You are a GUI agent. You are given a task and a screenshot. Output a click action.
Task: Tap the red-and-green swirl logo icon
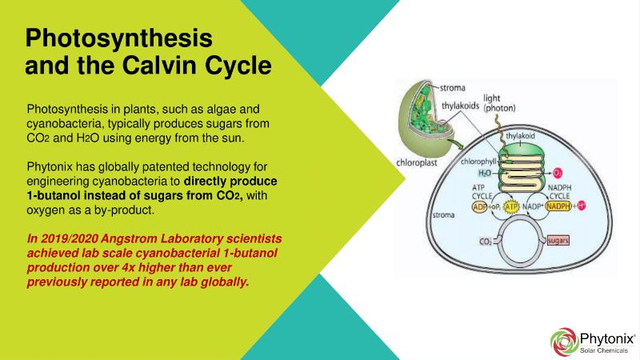(x=564, y=342)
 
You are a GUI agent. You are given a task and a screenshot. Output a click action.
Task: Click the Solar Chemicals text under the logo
(x=604, y=350)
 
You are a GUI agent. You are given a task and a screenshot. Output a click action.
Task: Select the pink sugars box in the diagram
(x=558, y=241)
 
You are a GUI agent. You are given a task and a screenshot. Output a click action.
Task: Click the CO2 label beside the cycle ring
(x=486, y=242)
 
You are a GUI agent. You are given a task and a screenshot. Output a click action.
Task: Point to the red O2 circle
(x=558, y=173)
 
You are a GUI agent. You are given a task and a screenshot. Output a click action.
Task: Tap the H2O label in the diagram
(x=485, y=174)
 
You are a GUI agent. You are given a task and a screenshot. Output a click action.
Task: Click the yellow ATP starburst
(x=511, y=207)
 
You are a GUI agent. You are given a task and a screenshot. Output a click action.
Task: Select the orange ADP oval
(x=479, y=207)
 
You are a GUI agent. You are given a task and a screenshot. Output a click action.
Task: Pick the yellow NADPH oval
(x=558, y=206)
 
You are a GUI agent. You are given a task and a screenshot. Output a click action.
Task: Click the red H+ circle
(x=582, y=206)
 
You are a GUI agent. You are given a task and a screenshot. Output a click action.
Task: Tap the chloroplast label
(x=416, y=163)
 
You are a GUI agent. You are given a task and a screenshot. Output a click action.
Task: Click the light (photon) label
(x=499, y=103)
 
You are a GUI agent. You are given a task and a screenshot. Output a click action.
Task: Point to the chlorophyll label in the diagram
(x=478, y=162)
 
